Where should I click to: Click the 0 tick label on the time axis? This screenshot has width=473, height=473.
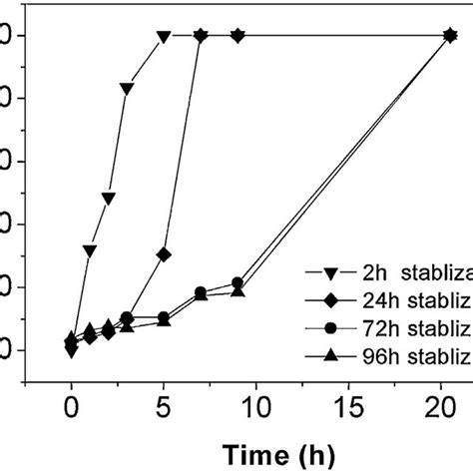click(x=71, y=408)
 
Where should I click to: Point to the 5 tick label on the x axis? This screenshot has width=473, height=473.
click(x=163, y=408)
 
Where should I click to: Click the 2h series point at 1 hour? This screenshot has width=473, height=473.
click(x=90, y=250)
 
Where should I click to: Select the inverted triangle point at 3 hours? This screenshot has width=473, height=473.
click(x=127, y=90)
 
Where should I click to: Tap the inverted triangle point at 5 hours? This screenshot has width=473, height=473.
click(x=164, y=37)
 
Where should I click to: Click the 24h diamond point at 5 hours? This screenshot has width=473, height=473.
click(x=164, y=254)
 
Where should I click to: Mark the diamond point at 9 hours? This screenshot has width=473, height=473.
click(x=237, y=36)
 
